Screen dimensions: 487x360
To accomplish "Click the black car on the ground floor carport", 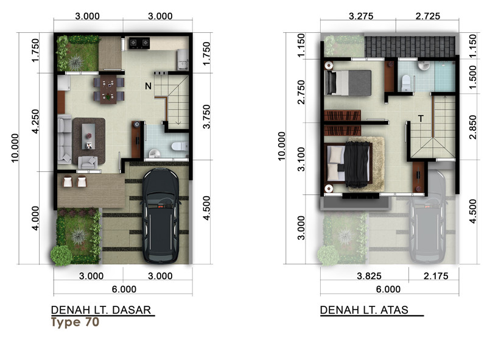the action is coord(160,216).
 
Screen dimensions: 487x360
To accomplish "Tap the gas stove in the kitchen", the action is coord(139,43).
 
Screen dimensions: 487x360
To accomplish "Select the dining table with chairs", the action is coord(109,89).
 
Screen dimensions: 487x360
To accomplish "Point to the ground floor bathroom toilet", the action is coord(180,146).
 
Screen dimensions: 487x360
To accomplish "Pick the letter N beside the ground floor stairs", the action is coord(148,86).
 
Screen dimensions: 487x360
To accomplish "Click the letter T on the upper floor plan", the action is coord(421,119).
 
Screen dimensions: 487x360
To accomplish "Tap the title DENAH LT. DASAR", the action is coord(101,310).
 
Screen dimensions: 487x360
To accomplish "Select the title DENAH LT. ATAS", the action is coord(364,310).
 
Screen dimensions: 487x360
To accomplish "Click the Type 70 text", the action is coord(75,322).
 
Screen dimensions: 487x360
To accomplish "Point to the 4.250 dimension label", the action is coord(35,122).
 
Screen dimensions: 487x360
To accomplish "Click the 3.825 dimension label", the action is coord(369,276).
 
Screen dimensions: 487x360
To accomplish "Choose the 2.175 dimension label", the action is coord(436,276).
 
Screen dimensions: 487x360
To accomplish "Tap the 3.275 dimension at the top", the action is coord(361,16).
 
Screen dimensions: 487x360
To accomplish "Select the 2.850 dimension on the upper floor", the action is coord(472,127).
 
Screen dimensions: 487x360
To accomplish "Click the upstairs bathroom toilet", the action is coord(406,83).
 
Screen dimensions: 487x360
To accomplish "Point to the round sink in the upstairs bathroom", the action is coord(422,66).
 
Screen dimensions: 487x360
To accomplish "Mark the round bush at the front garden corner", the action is coord(61,256).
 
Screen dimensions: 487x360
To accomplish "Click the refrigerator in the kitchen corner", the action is coord(183,59).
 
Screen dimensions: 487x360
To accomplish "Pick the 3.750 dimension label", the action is coord(206,117).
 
